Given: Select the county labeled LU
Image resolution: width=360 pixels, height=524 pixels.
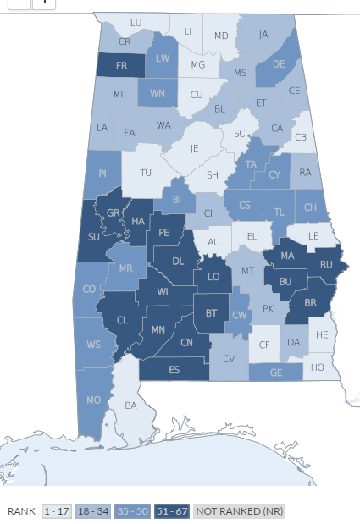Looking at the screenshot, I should click(136, 22).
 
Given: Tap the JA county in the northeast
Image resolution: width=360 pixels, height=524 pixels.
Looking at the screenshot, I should click(263, 35).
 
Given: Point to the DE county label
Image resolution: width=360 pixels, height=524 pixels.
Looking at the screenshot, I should click(279, 63).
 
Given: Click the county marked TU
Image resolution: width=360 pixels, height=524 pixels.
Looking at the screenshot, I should click(146, 172).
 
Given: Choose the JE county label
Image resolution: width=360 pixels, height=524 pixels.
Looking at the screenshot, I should click(195, 147).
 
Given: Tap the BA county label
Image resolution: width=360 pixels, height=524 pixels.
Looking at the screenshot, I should click(130, 405).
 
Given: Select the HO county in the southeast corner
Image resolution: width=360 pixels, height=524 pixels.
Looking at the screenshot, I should click(318, 367).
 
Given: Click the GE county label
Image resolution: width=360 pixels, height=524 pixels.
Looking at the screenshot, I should click(276, 372).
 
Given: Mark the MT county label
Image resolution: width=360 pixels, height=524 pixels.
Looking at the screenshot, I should click(247, 270).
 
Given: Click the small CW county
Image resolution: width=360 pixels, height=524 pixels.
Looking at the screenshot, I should click(239, 314).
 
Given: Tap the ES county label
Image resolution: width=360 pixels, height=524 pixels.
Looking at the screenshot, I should click(174, 370).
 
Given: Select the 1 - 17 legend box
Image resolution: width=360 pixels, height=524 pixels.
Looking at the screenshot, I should click(57, 511).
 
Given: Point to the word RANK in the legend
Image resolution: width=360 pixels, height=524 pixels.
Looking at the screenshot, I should click(20, 511).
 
